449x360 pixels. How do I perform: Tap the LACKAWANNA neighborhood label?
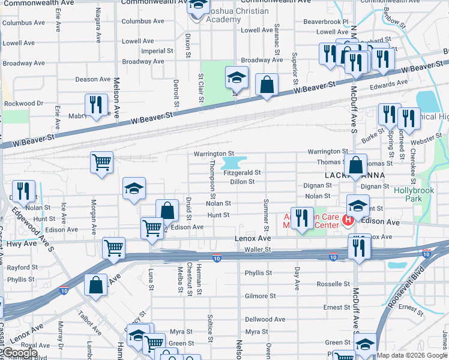tap(354, 176)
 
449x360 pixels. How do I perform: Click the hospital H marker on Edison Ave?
tap(347, 221)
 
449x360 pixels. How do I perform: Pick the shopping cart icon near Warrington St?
tap(101, 161)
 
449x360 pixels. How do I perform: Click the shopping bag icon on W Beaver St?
tap(266, 85)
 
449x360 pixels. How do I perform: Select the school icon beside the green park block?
tap(237, 77)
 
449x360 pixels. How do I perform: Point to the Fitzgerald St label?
tap(242, 172)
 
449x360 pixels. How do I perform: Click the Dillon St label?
tap(243, 182)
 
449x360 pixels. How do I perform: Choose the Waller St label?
tap(258, 249)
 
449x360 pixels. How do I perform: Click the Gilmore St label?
tap(261, 296)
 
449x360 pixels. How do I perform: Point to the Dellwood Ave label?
tap(265, 319)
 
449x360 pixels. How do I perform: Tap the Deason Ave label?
tap(93, 79)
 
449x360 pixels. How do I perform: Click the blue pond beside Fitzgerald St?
tap(234, 163)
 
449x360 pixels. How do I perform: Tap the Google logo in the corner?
tap(20, 353)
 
